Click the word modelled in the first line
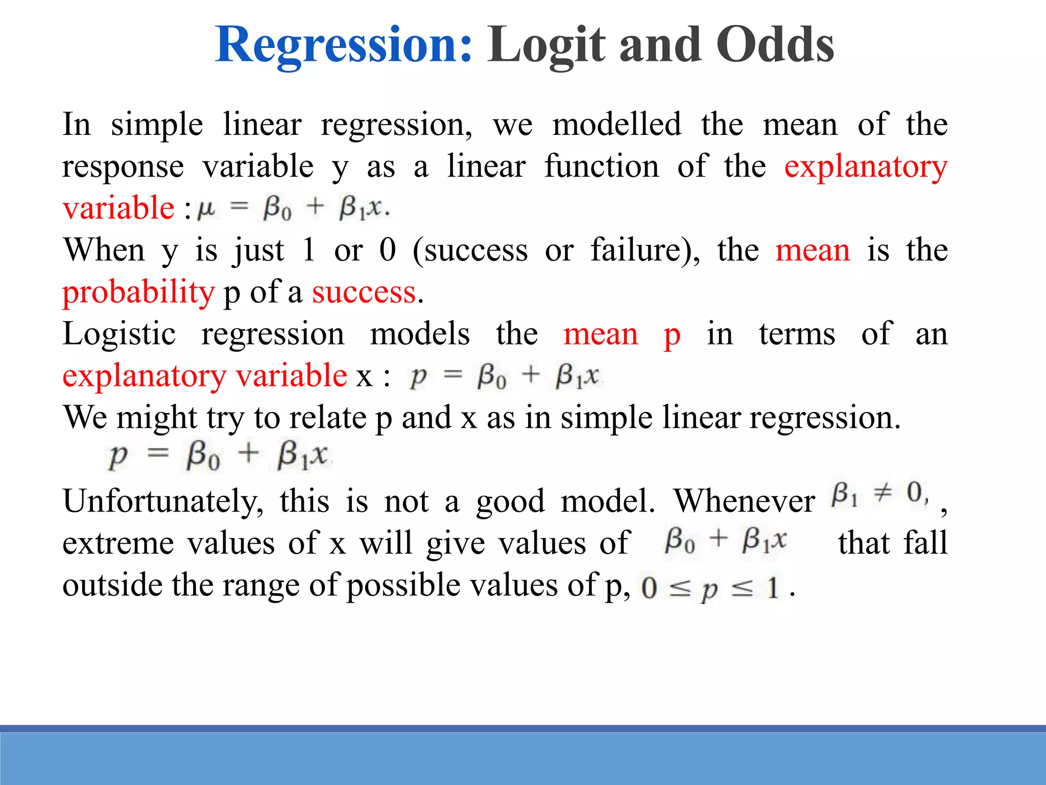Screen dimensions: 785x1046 click(616, 125)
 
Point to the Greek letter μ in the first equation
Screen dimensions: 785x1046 click(206, 209)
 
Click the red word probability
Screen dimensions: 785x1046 click(138, 293)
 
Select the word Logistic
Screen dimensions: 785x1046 click(119, 335)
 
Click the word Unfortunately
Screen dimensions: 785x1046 click(162, 502)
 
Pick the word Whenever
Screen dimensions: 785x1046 click(744, 502)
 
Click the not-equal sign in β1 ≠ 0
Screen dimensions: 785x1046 click(882, 493)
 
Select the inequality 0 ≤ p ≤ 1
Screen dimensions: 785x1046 click(710, 588)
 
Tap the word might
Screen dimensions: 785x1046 click(156, 418)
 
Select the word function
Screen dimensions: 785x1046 click(601, 167)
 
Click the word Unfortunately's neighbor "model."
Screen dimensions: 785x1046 click(607, 502)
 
